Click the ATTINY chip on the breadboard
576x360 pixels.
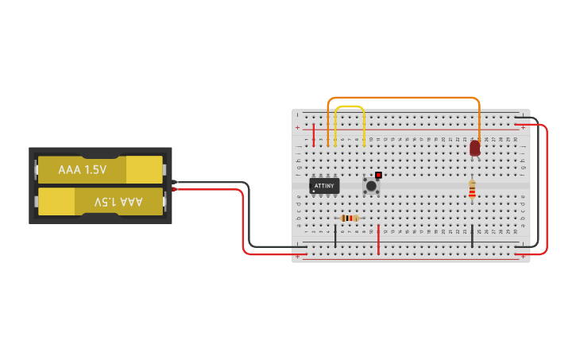tap(324, 186)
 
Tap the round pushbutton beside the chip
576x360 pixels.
tap(371, 185)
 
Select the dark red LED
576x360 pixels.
tap(475, 148)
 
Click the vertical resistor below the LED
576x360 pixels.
tap(472, 189)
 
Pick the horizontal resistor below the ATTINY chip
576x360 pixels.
tap(349, 218)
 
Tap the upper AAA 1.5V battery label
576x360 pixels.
tap(82, 170)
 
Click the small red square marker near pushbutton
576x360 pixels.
tap(378, 175)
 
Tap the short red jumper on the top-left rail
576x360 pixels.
tap(314, 134)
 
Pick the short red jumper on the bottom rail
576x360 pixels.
tap(379, 239)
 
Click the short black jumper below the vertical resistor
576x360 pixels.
tap(473, 235)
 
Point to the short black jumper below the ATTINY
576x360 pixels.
tap(335, 235)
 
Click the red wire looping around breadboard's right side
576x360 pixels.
tap(547, 191)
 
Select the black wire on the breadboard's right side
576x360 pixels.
tap(538, 183)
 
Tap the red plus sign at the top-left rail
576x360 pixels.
tap(298, 128)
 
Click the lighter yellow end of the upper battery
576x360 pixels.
tap(144, 169)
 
